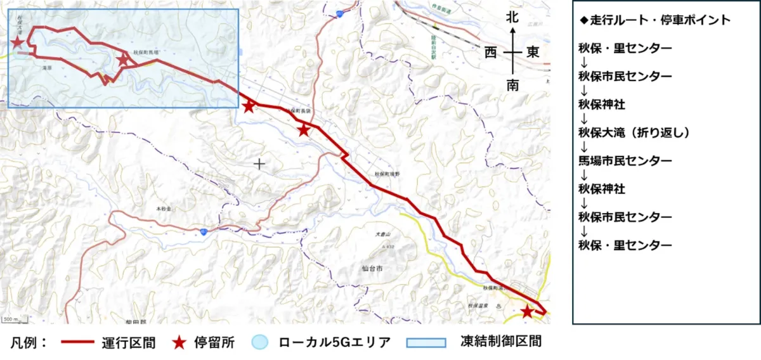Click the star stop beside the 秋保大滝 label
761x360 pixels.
click(18, 42)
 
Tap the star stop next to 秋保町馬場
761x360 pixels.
click(123, 60)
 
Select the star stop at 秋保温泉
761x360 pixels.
click(526, 311)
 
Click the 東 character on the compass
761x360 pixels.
click(532, 53)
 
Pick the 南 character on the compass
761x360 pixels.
click(512, 85)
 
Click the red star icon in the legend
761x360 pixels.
click(180, 343)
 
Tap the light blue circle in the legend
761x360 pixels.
click(261, 343)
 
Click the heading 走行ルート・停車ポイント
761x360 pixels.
click(655, 20)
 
